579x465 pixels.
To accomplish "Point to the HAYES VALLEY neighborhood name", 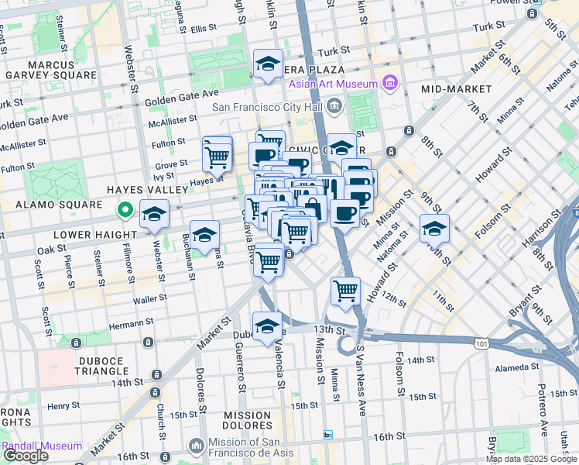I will point(147,189).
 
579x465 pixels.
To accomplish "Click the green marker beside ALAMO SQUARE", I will point(124,209).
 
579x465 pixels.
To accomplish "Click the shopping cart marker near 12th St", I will point(345,291).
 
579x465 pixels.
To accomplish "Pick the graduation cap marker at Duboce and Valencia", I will point(267,326).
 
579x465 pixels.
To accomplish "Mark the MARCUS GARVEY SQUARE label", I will point(51,70).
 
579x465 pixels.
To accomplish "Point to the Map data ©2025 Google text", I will point(530,459).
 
